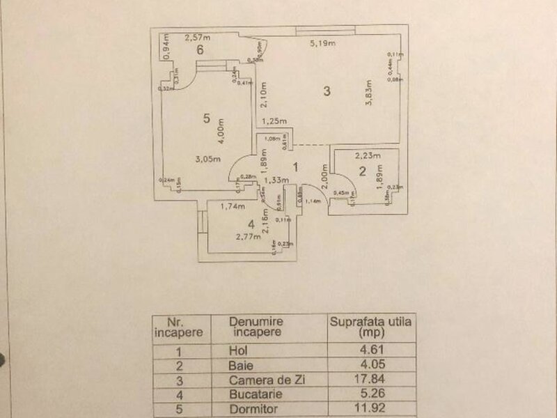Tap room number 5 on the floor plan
click(x=206, y=118)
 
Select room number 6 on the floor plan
click(x=200, y=49)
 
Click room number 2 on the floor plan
click(x=362, y=171)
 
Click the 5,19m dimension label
click(x=323, y=44)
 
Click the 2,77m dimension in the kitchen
click(x=249, y=237)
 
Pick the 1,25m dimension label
click(x=274, y=121)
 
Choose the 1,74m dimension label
click(x=232, y=206)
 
